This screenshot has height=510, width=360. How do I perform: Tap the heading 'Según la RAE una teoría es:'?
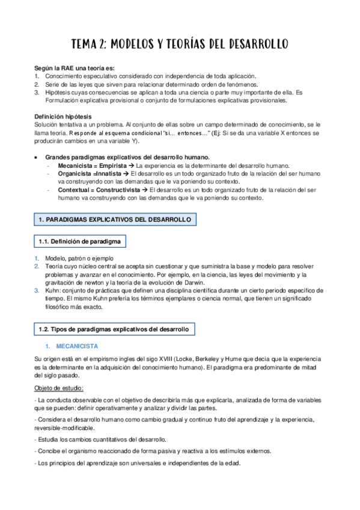(74, 68)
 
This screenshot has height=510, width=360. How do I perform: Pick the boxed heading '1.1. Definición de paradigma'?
(79, 242)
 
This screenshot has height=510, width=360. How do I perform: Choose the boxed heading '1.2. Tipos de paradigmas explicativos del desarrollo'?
(114, 330)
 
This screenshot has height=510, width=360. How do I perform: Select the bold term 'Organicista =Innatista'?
(88, 173)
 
